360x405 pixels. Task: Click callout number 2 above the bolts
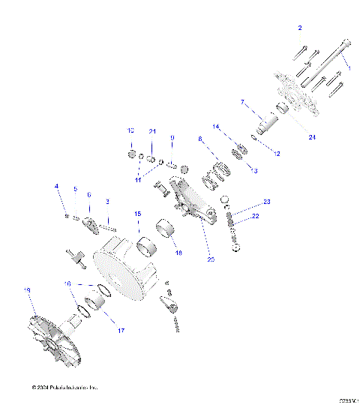coord(300,28)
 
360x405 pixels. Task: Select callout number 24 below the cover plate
coord(311,137)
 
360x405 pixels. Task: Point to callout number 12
coord(277,153)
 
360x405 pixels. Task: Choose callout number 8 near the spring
coord(200,139)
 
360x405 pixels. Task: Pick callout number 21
coord(151,131)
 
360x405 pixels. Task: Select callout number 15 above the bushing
coord(137,214)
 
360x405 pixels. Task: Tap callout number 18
coord(178,253)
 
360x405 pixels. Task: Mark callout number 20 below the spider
coord(211,260)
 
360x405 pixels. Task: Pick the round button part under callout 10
coord(132,155)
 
